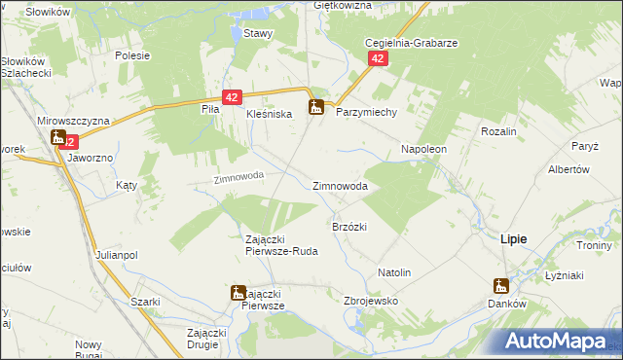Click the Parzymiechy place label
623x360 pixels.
click(x=367, y=112)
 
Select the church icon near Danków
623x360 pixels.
click(x=500, y=286)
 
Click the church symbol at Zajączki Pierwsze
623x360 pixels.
click(x=238, y=292)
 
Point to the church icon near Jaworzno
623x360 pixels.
click(x=58, y=138)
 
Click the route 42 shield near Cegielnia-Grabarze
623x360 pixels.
click(x=379, y=59)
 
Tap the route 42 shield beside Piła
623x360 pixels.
click(x=232, y=97)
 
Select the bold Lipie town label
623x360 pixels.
click(x=514, y=238)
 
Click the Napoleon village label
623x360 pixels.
click(x=424, y=149)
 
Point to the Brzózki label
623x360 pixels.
click(x=349, y=226)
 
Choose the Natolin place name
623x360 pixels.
click(x=394, y=272)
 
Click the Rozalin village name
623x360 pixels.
click(x=497, y=130)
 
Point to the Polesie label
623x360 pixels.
click(x=131, y=55)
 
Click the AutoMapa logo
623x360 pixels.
click(x=560, y=341)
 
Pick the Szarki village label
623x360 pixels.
click(x=145, y=302)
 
